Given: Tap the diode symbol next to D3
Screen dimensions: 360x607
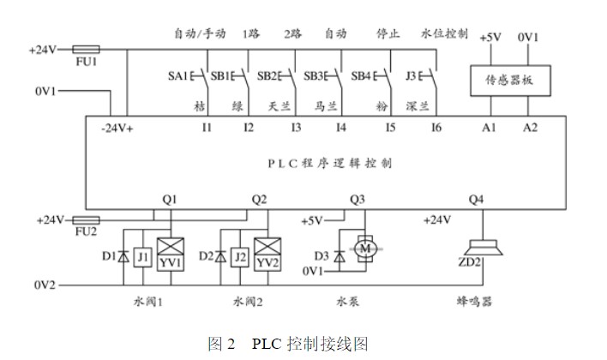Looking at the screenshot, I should coord(340,255).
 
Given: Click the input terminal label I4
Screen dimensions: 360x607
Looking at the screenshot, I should coord(341,129).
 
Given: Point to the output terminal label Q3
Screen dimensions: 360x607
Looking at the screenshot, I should coord(358,200).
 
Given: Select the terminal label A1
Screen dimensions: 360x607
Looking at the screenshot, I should coord(489,129).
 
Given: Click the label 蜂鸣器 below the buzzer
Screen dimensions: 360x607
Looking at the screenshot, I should coord(476,302).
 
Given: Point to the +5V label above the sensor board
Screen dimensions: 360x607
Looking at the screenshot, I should coord(490,39).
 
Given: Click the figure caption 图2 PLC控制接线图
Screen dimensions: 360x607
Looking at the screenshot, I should coord(288,344).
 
